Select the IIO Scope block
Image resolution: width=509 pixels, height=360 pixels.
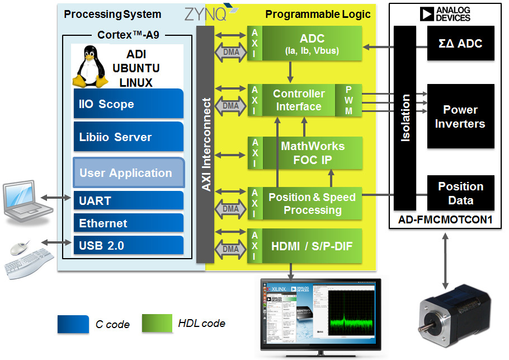[x=129, y=104]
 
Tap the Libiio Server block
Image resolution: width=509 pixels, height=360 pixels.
[x=129, y=137]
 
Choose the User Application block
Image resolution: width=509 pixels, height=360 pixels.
[x=129, y=172]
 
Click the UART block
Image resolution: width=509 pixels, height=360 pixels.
[x=129, y=200]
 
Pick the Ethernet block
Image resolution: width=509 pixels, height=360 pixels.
[x=129, y=223]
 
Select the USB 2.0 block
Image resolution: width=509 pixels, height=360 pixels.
[x=129, y=245]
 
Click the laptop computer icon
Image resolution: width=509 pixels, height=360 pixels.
[x=27, y=202]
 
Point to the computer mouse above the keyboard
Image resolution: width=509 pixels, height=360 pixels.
[x=20, y=249]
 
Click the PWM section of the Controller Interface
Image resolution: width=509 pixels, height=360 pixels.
[x=348, y=100]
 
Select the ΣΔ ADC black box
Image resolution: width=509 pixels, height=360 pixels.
[x=461, y=43]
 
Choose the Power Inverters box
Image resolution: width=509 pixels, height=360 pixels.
[x=461, y=116]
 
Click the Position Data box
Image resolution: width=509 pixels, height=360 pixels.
[x=461, y=193]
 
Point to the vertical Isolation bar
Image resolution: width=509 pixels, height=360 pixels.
[x=405, y=118]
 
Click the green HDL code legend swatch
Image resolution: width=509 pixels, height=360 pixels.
[x=157, y=323]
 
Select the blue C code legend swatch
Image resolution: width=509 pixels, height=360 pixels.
[x=73, y=324]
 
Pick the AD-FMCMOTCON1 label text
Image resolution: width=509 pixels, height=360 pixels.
[x=445, y=219]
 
